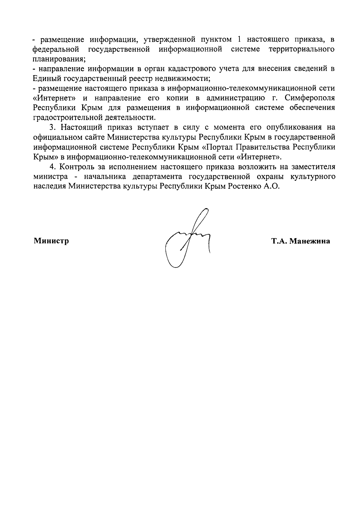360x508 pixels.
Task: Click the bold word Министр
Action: (51, 241)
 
